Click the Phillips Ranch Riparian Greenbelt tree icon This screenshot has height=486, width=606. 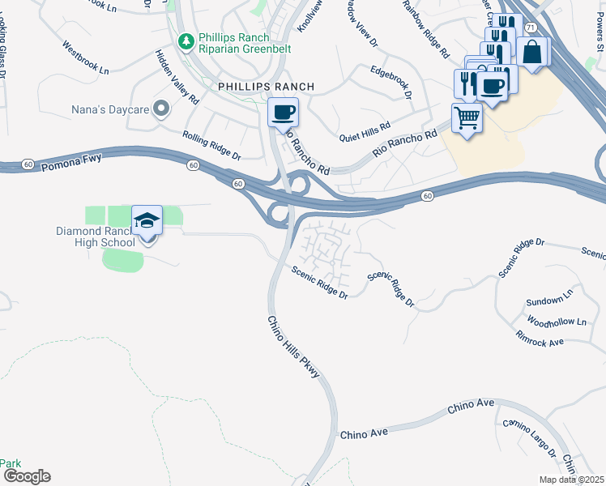click(186, 40)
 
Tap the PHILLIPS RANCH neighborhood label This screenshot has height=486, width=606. click(265, 86)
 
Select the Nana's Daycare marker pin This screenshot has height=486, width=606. click(162, 108)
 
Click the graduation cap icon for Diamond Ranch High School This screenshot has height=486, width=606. click(147, 220)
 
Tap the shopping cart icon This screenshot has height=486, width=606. click(467, 117)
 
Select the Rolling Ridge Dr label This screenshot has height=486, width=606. click(211, 145)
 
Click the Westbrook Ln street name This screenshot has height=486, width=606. click(85, 58)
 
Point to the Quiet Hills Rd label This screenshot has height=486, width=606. click(365, 130)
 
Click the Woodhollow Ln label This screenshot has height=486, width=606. click(556, 322)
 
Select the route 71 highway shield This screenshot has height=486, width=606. click(529, 28)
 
